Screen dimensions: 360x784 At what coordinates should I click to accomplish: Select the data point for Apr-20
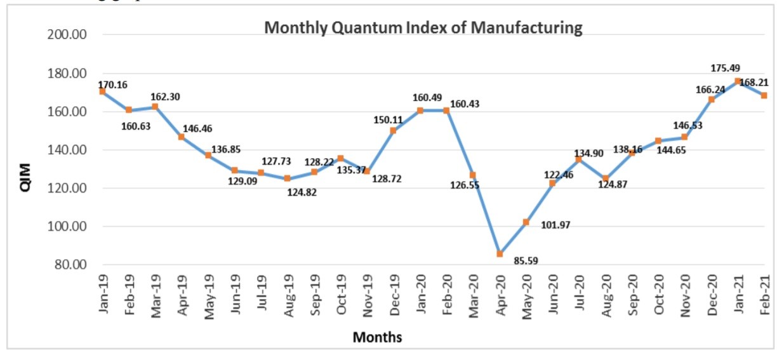click(x=500, y=254)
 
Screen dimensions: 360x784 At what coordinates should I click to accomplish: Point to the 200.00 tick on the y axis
click(x=67, y=34)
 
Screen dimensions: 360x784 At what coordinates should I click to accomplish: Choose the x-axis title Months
click(x=377, y=337)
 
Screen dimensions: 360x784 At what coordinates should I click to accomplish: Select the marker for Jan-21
click(x=738, y=81)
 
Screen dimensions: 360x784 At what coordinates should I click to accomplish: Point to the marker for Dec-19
click(x=393, y=131)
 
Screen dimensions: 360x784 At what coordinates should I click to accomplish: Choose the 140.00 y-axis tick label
click(x=67, y=150)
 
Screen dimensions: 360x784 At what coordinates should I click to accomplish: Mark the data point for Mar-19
click(x=155, y=107)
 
